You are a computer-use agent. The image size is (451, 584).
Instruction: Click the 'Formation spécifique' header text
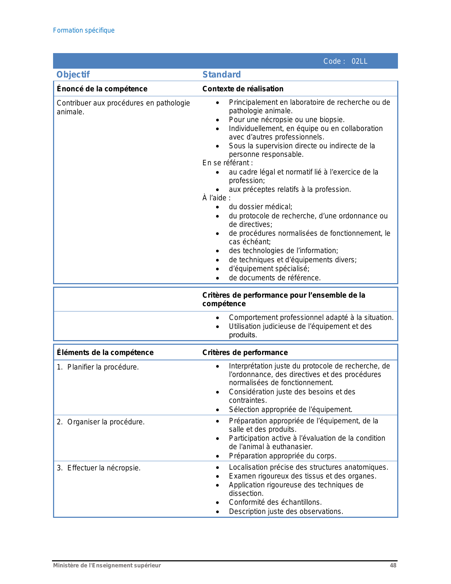point(84,30)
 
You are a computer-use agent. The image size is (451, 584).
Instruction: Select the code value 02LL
point(359,61)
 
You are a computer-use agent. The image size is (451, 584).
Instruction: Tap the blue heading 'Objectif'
point(73,75)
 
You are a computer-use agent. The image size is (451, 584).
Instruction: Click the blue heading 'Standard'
point(221,75)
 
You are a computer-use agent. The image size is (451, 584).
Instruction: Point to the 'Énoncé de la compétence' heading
point(102,89)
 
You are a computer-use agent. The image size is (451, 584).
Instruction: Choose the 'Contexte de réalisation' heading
point(243,89)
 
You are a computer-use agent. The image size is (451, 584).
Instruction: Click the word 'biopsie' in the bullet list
point(331,120)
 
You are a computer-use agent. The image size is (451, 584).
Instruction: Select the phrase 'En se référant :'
point(227,163)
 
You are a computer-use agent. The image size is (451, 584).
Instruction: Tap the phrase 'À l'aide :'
point(216,198)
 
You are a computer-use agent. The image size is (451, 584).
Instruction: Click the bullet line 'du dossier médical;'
point(260,207)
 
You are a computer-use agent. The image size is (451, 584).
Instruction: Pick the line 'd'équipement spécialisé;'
point(269,269)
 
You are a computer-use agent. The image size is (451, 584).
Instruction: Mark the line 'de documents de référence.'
point(274,278)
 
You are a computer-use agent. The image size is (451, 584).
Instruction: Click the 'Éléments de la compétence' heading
point(105,353)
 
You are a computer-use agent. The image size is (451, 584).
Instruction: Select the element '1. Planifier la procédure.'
point(98,367)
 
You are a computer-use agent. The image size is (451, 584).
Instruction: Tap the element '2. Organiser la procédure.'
point(100,422)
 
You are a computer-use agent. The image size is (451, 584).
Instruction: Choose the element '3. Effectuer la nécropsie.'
point(99,468)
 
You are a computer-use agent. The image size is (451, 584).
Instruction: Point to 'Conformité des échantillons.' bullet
point(275,502)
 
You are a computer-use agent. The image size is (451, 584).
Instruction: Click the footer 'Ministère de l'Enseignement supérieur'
point(107,566)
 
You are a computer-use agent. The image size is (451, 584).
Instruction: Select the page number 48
point(393,566)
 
